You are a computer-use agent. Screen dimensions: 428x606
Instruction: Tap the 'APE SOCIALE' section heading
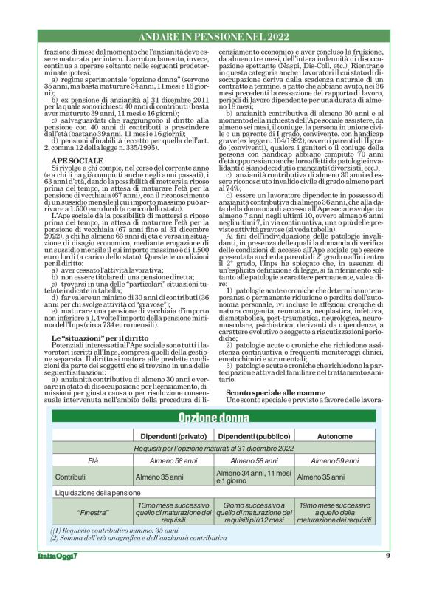coord(72,180)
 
